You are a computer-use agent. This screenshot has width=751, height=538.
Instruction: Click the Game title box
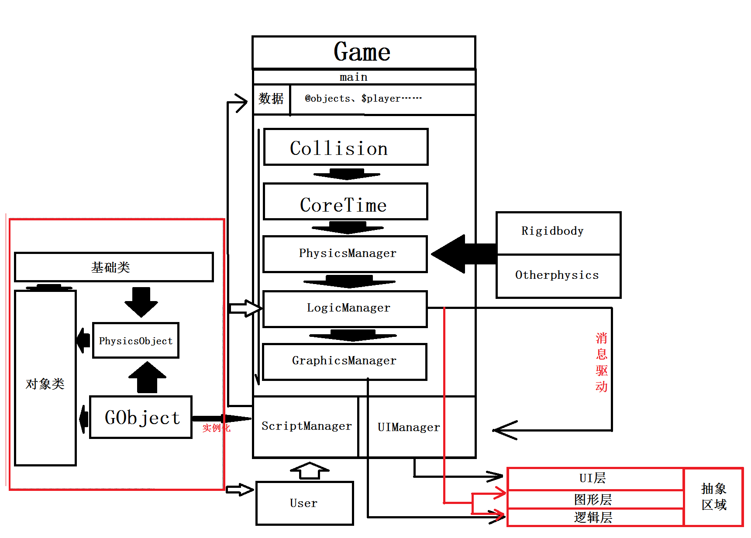364,52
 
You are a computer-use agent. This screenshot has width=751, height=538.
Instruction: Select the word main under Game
354,77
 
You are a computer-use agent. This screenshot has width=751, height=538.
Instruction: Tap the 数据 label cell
271,99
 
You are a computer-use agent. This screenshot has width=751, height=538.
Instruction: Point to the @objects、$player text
363,99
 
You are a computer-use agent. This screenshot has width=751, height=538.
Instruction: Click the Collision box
346,147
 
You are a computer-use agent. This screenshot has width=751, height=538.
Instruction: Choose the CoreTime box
345,202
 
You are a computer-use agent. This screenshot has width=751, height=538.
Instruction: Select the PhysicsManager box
345,254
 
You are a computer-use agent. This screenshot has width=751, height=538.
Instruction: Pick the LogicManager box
345,309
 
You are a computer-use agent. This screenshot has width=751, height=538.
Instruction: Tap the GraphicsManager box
344,362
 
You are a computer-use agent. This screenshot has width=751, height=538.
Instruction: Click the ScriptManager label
307,426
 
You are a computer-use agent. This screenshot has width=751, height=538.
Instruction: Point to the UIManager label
409,428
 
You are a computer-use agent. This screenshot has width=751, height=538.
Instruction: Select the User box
304,503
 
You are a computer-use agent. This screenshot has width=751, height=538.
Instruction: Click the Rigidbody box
558,233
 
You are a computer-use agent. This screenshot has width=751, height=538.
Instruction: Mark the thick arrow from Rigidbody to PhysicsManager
464,254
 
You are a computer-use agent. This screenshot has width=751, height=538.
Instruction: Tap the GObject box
141,417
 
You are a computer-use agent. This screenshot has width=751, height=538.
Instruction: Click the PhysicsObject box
136,340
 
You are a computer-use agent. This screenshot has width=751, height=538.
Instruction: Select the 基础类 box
114,267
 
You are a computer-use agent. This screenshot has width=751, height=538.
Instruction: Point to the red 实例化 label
217,428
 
